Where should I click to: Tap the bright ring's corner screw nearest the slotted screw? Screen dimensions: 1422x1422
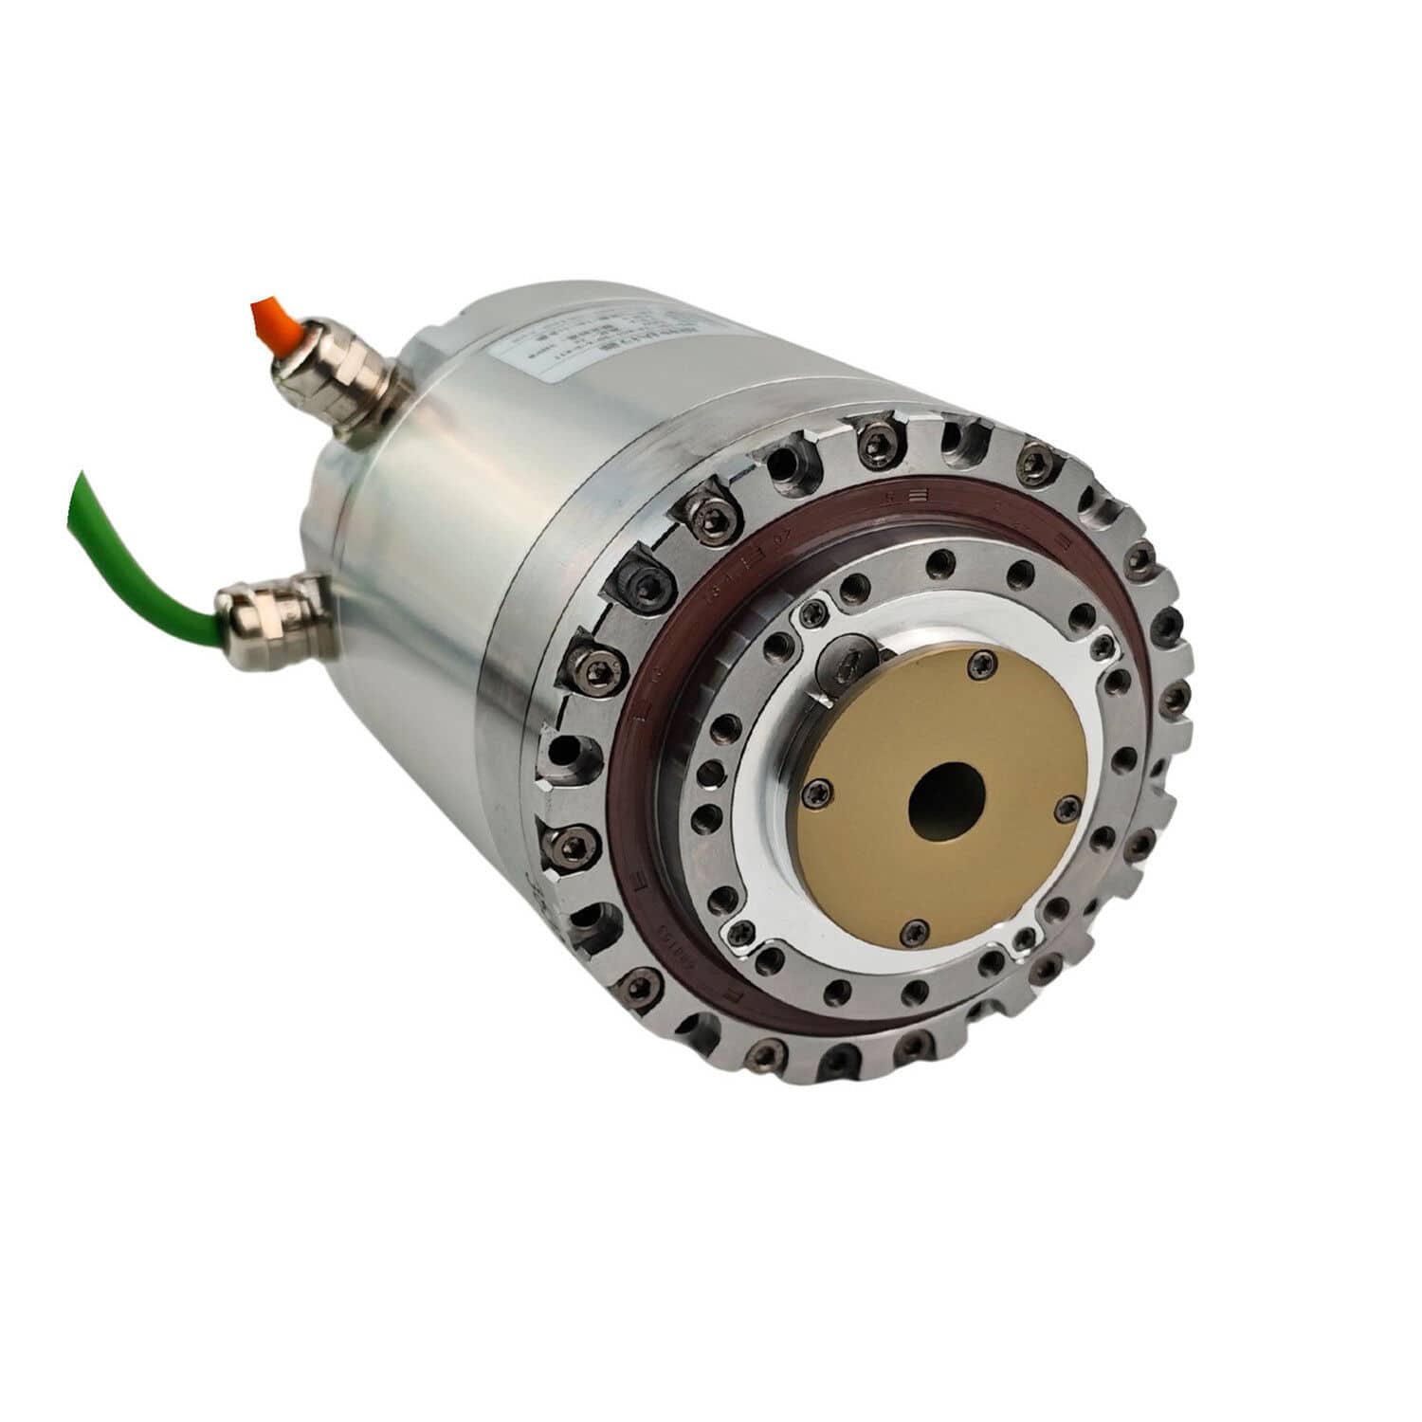point(813,617)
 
